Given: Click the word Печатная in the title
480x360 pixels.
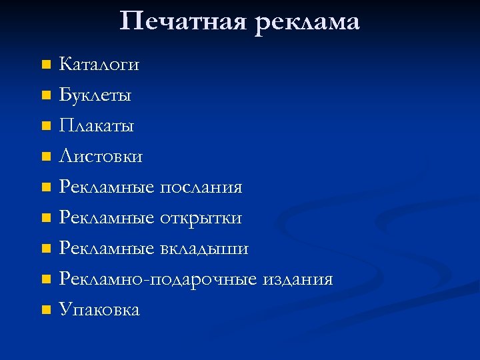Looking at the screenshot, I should [182, 21].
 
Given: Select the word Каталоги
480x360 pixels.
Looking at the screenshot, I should [99, 65].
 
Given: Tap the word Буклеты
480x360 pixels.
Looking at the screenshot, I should [95, 95].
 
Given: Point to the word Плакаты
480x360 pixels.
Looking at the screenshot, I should [97, 126].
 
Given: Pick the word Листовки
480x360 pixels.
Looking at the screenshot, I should [101, 157].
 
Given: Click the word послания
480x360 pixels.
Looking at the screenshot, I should [201, 187].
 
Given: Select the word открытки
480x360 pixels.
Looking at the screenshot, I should [201, 218].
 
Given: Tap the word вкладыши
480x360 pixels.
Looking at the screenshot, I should [205, 249].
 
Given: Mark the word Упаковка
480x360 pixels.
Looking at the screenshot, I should [99, 310].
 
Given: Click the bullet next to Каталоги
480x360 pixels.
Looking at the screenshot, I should [45, 65].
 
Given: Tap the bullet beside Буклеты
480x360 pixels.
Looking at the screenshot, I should [45, 96].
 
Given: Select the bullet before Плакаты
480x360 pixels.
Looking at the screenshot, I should [45, 127].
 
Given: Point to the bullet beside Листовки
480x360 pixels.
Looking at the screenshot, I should [45, 157].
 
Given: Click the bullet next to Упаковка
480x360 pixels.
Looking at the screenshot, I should [45, 311].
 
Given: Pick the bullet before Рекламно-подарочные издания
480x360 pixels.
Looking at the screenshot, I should [45, 280].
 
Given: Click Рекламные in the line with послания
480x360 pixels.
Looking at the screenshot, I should [107, 187].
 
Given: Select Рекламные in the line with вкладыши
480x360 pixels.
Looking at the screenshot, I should [107, 249].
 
